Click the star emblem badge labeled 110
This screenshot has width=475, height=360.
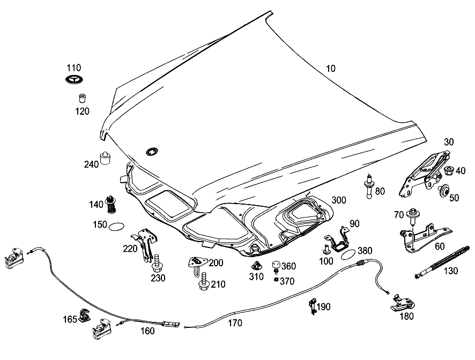[74, 79]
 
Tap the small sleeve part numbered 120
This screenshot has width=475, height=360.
[83, 99]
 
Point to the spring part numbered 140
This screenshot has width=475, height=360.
[111, 204]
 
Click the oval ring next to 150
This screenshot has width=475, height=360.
[116, 227]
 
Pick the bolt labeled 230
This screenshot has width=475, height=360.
[157, 264]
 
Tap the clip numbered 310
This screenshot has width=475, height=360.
[257, 266]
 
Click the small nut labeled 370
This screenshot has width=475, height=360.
[276, 280]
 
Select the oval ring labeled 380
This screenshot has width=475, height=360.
[348, 254]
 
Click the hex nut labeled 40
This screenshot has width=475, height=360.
[448, 171]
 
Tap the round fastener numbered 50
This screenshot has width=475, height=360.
[444, 190]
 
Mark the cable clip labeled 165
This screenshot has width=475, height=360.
[84, 315]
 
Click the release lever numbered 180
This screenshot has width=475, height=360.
[402, 303]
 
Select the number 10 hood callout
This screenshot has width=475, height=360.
[330, 69]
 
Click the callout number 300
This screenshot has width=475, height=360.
[339, 200]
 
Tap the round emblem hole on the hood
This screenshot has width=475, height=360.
[152, 152]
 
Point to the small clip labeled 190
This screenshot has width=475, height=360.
[313, 306]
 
